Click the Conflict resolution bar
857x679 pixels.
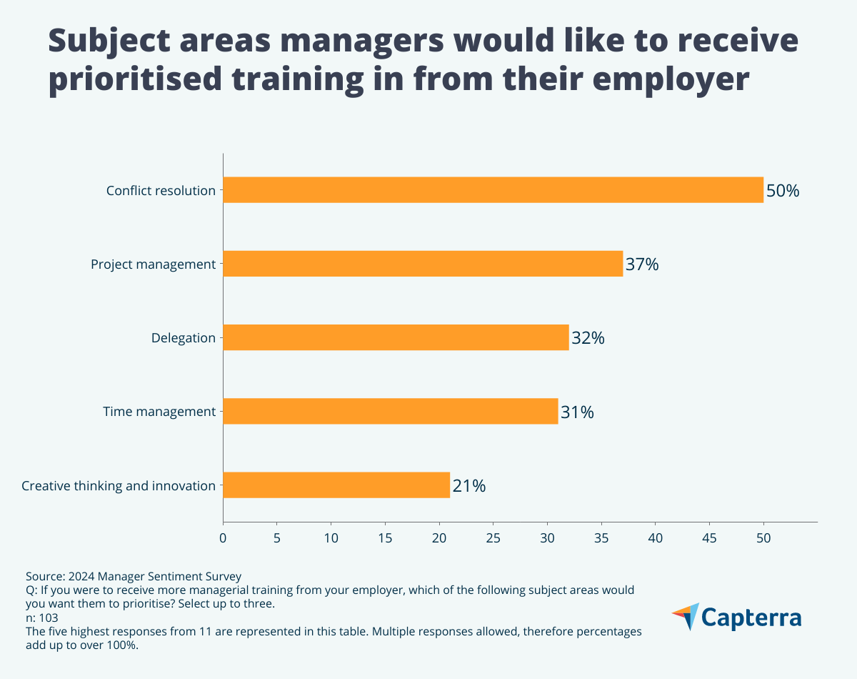tap(493, 190)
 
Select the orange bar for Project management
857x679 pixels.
tap(423, 264)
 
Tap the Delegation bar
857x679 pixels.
tap(396, 337)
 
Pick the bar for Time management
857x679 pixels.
tap(390, 411)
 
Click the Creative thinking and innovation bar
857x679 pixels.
tap(336, 485)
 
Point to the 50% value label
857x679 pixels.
tap(783, 191)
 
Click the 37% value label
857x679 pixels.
tap(642, 264)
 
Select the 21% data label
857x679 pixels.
tap(469, 486)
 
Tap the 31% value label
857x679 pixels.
tap(577, 412)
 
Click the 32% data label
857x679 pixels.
tap(588, 338)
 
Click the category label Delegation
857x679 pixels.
tap(183, 338)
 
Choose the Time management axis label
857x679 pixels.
tap(159, 412)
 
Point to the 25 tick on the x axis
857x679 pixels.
tap(493, 536)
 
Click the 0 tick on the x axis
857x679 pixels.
tap(223, 536)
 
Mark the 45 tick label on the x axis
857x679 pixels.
tap(709, 536)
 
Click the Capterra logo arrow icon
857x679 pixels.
tap(686, 616)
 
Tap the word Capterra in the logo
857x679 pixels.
tap(752, 618)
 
